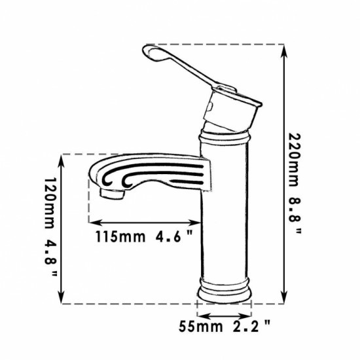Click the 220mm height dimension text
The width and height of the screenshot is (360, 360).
295,160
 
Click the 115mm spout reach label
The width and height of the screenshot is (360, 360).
120,236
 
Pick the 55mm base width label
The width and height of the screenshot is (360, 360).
201,326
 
